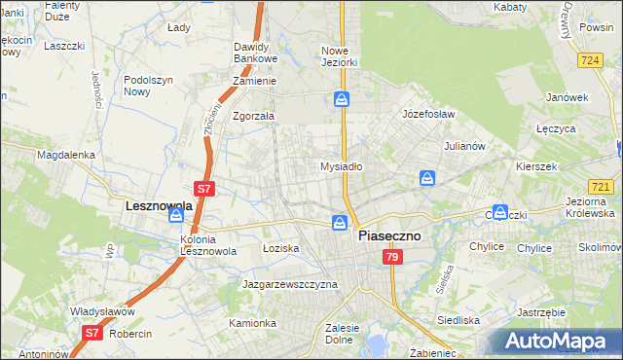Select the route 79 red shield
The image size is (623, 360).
(391, 257)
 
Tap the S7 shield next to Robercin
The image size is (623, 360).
(91, 333)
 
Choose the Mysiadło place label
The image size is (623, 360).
(342, 166)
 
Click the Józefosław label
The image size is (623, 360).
(429, 114)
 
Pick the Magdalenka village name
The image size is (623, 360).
(65, 155)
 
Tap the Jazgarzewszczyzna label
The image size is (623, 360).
(289, 284)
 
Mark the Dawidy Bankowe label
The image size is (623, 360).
(257, 53)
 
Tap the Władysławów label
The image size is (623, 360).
(102, 311)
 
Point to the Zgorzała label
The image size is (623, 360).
(253, 116)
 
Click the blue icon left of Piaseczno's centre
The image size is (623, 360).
(339, 224)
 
